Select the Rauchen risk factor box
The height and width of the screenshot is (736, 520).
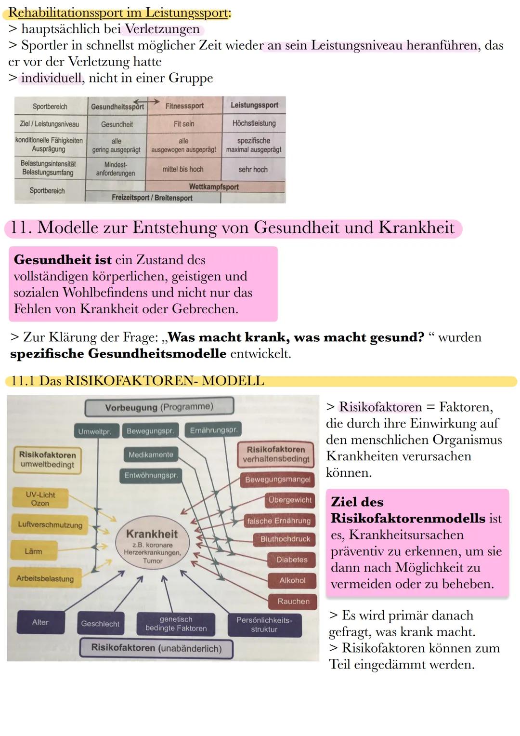(x=293, y=602)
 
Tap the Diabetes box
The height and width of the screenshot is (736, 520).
(x=292, y=560)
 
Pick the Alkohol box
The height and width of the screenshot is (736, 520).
(x=292, y=580)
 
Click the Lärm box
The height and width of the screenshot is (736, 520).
(x=33, y=551)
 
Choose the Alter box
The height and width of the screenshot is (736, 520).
(x=40, y=622)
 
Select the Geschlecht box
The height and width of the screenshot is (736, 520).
(x=100, y=624)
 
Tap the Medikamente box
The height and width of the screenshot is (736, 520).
(x=151, y=455)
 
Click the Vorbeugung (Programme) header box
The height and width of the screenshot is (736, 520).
(x=159, y=407)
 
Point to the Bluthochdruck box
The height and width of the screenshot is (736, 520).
(x=285, y=539)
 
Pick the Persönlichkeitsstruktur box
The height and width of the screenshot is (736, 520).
(x=264, y=625)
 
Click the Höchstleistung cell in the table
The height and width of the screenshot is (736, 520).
(x=254, y=123)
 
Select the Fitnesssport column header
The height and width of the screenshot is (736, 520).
(x=184, y=106)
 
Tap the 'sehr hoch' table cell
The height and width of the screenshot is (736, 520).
(x=253, y=170)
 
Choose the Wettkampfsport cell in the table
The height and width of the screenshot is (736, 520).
(x=214, y=187)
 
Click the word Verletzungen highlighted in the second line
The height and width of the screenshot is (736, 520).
(x=162, y=29)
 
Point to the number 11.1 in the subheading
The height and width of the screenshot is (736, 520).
(x=22, y=381)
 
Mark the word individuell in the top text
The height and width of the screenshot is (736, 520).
(x=51, y=78)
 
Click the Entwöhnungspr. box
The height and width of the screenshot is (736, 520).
(x=151, y=475)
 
